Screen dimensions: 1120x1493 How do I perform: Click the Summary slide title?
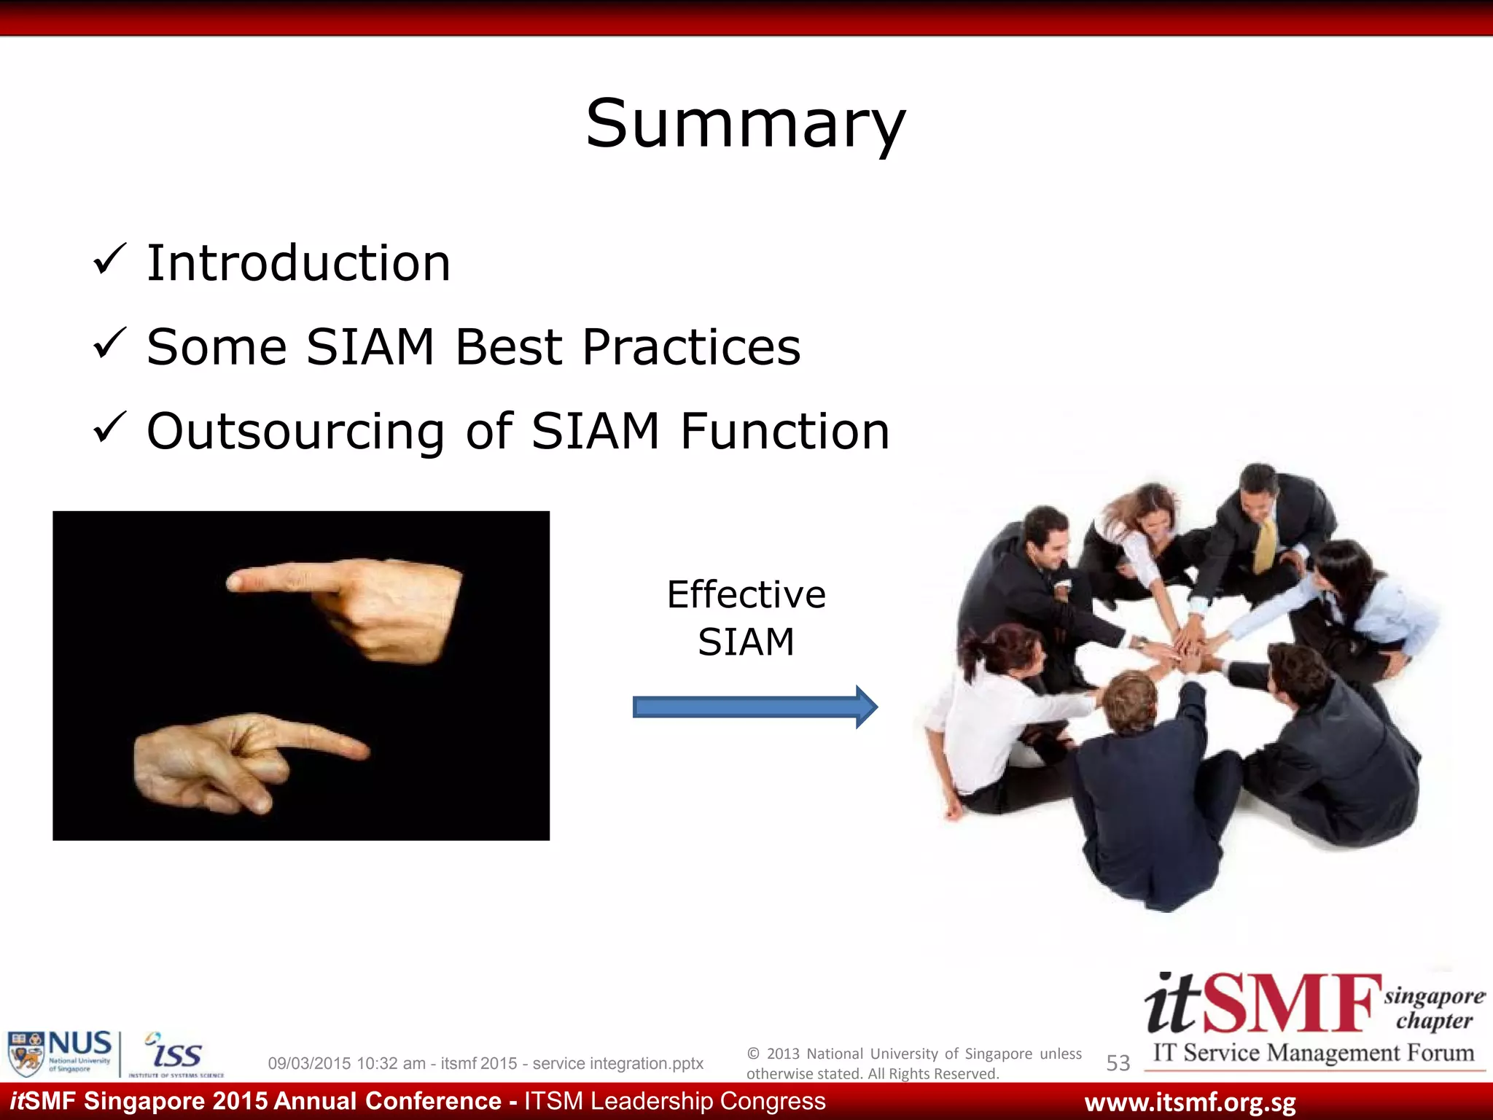pos(745,124)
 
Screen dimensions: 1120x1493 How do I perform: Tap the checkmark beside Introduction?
pos(111,260)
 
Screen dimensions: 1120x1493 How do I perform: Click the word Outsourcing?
pos(295,431)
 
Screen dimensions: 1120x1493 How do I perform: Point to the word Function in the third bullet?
pos(784,431)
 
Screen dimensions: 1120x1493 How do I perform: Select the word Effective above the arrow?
pos(746,594)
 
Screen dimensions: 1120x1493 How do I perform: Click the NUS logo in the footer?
pos(60,1052)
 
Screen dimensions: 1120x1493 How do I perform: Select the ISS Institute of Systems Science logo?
pos(175,1054)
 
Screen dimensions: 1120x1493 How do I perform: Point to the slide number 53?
pos(1118,1063)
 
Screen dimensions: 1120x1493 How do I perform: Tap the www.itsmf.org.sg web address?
pos(1190,1102)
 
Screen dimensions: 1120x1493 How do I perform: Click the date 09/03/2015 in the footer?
pos(310,1063)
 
